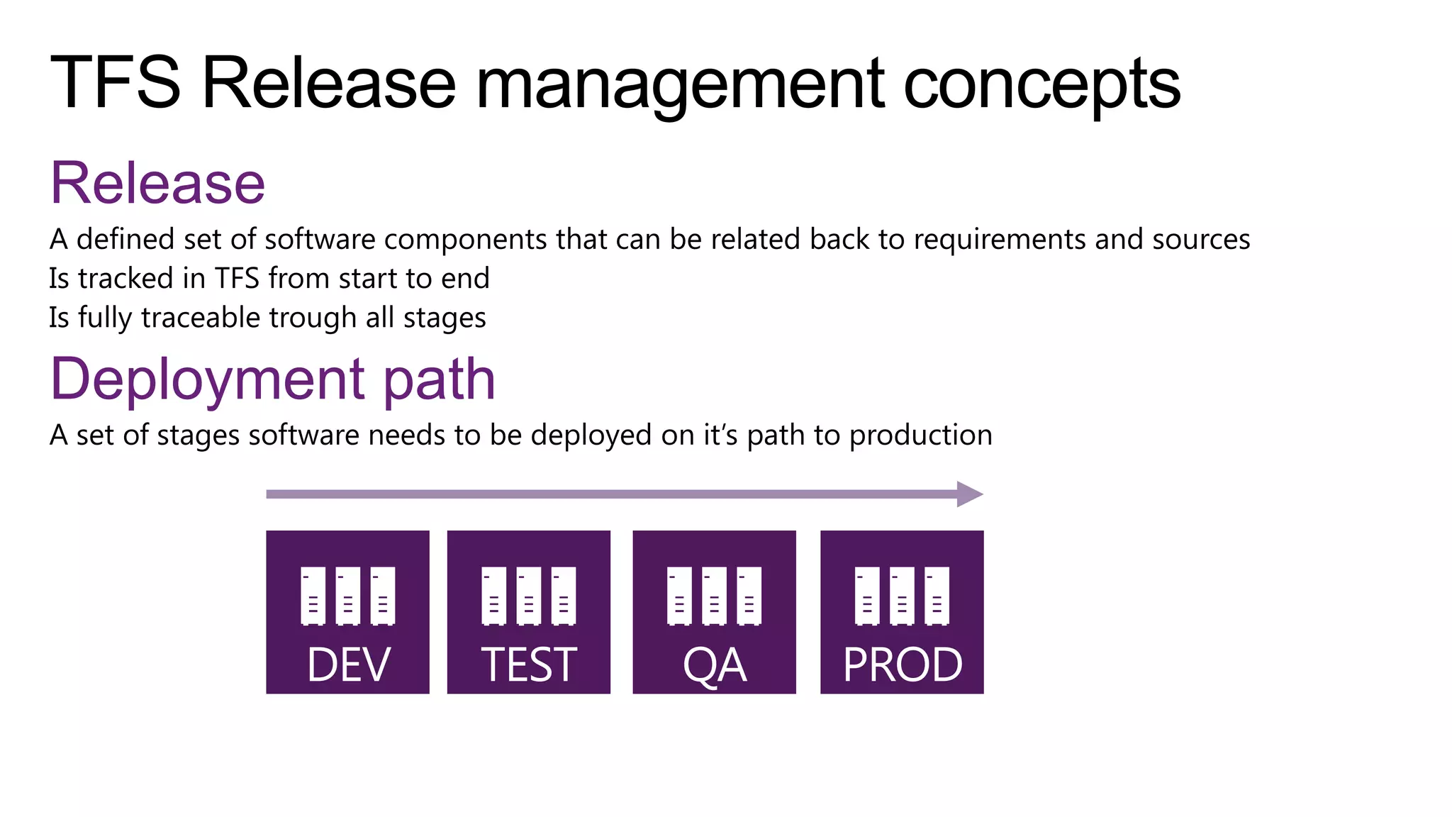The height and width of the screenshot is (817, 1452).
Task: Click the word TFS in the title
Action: [116, 83]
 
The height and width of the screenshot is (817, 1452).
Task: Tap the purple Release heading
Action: [157, 184]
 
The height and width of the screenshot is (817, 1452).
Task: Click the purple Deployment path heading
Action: [273, 381]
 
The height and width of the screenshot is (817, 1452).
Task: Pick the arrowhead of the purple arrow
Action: [968, 494]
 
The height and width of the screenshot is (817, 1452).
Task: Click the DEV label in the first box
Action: [348, 665]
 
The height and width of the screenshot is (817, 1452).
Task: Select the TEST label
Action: [529, 665]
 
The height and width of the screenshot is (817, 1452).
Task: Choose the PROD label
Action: [903, 665]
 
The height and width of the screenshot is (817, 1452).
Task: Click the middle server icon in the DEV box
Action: [347, 596]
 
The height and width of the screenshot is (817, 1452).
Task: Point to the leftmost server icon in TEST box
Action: [494, 596]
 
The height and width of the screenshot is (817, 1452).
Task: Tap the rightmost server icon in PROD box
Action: [937, 596]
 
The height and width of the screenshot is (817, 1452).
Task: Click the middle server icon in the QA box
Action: [714, 596]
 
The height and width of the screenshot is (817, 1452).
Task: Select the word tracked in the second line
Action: [125, 279]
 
